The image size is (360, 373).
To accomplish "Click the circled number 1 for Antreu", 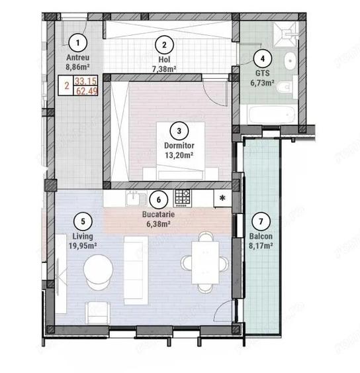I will [x=79, y=44].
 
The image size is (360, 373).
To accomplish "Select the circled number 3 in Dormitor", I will [x=178, y=130].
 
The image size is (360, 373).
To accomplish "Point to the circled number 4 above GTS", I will [x=263, y=58].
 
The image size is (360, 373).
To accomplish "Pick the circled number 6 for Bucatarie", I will [x=157, y=197].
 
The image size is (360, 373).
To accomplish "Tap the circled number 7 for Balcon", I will [x=261, y=221].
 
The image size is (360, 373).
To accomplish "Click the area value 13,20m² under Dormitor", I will [x=178, y=156].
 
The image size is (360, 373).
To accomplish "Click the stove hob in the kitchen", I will [x=183, y=196].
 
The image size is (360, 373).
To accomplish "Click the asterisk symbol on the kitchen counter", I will [x=222, y=197].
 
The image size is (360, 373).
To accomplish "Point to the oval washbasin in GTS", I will [x=289, y=62].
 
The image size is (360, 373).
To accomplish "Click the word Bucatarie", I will [x=157, y=215].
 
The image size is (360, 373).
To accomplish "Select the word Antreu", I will [x=79, y=57].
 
